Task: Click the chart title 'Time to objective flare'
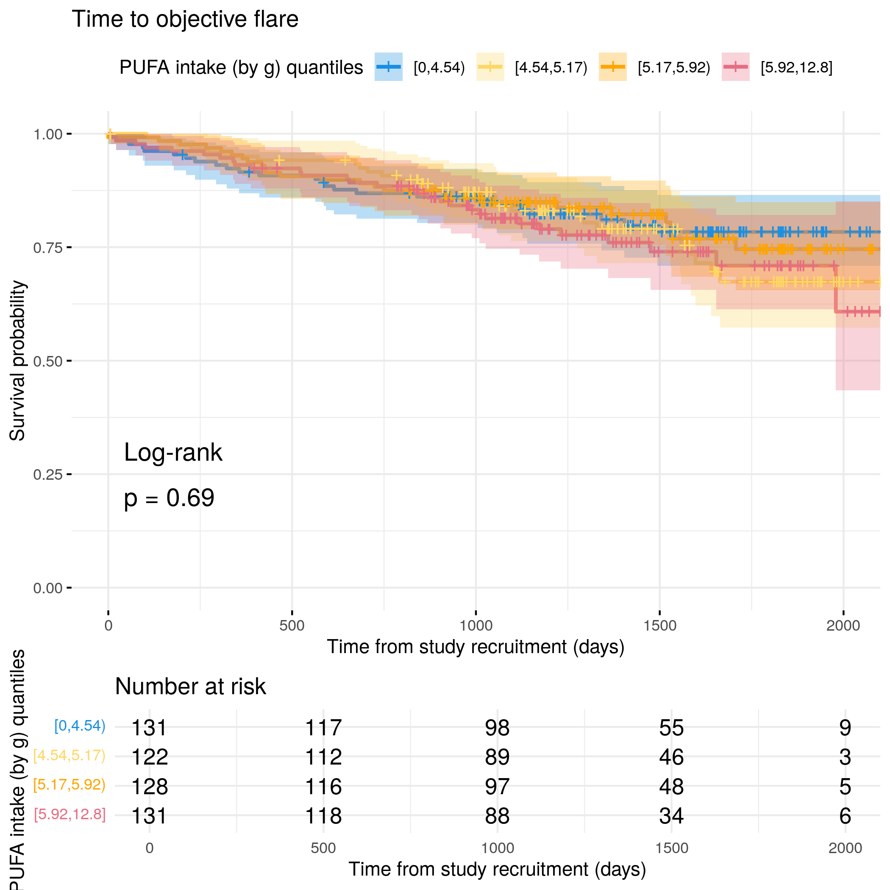click(185, 19)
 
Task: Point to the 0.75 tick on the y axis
click(69, 248)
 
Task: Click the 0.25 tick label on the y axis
click(47, 475)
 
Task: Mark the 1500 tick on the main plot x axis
click(660, 613)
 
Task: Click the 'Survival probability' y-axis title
click(17, 361)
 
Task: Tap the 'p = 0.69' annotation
click(169, 498)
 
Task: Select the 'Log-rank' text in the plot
click(173, 452)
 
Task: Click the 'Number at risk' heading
click(190, 687)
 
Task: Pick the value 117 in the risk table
click(323, 728)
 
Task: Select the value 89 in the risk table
click(497, 757)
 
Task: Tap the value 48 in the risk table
click(671, 786)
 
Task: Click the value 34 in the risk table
click(671, 816)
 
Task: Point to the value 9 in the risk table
click(845, 728)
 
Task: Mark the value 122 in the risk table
click(150, 757)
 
